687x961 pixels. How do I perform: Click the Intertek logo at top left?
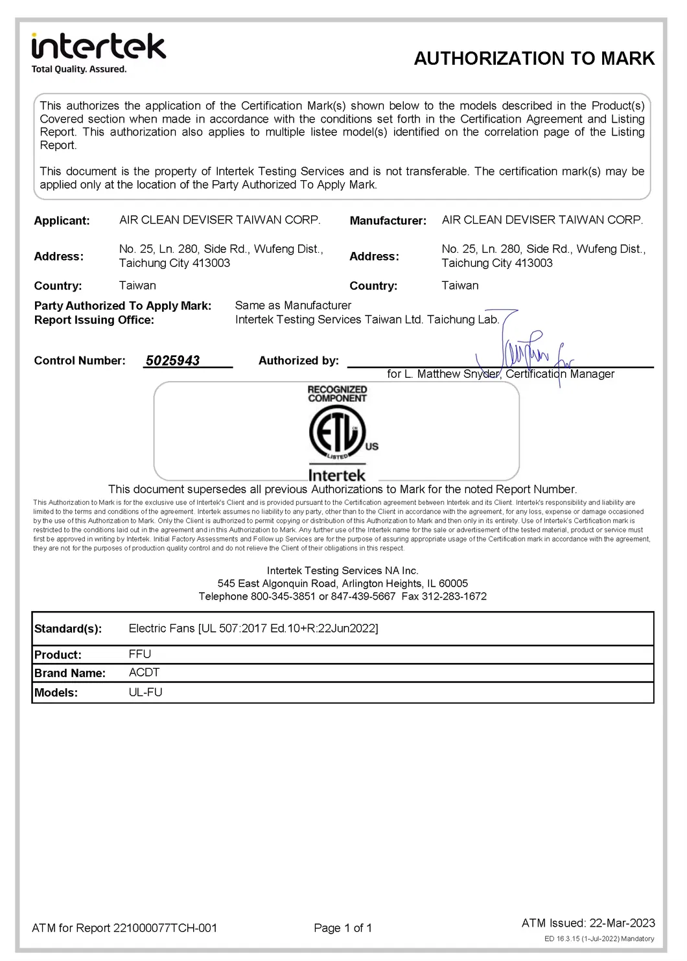coord(99,47)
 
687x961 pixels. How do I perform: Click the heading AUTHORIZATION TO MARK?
coord(534,59)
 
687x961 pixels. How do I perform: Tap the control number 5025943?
coord(172,361)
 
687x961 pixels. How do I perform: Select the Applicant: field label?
coord(62,221)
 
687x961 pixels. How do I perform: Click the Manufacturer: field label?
coord(388,221)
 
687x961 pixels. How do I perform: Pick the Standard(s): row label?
coord(68,629)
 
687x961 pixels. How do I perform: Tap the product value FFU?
coord(140,654)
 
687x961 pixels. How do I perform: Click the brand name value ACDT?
coord(144,673)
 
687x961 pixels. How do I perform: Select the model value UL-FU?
coord(145,692)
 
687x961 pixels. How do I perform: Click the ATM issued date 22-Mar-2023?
coord(622,923)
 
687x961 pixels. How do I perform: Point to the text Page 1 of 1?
coord(343,928)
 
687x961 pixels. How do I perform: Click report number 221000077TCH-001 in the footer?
coord(165,928)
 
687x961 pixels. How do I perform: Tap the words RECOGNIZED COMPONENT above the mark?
coord(337,394)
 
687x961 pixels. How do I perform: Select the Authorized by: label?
coord(298,361)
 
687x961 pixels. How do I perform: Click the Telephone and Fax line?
coord(342,596)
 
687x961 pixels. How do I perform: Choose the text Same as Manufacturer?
coord(293,305)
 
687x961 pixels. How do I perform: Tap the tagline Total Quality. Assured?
coord(79,69)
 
